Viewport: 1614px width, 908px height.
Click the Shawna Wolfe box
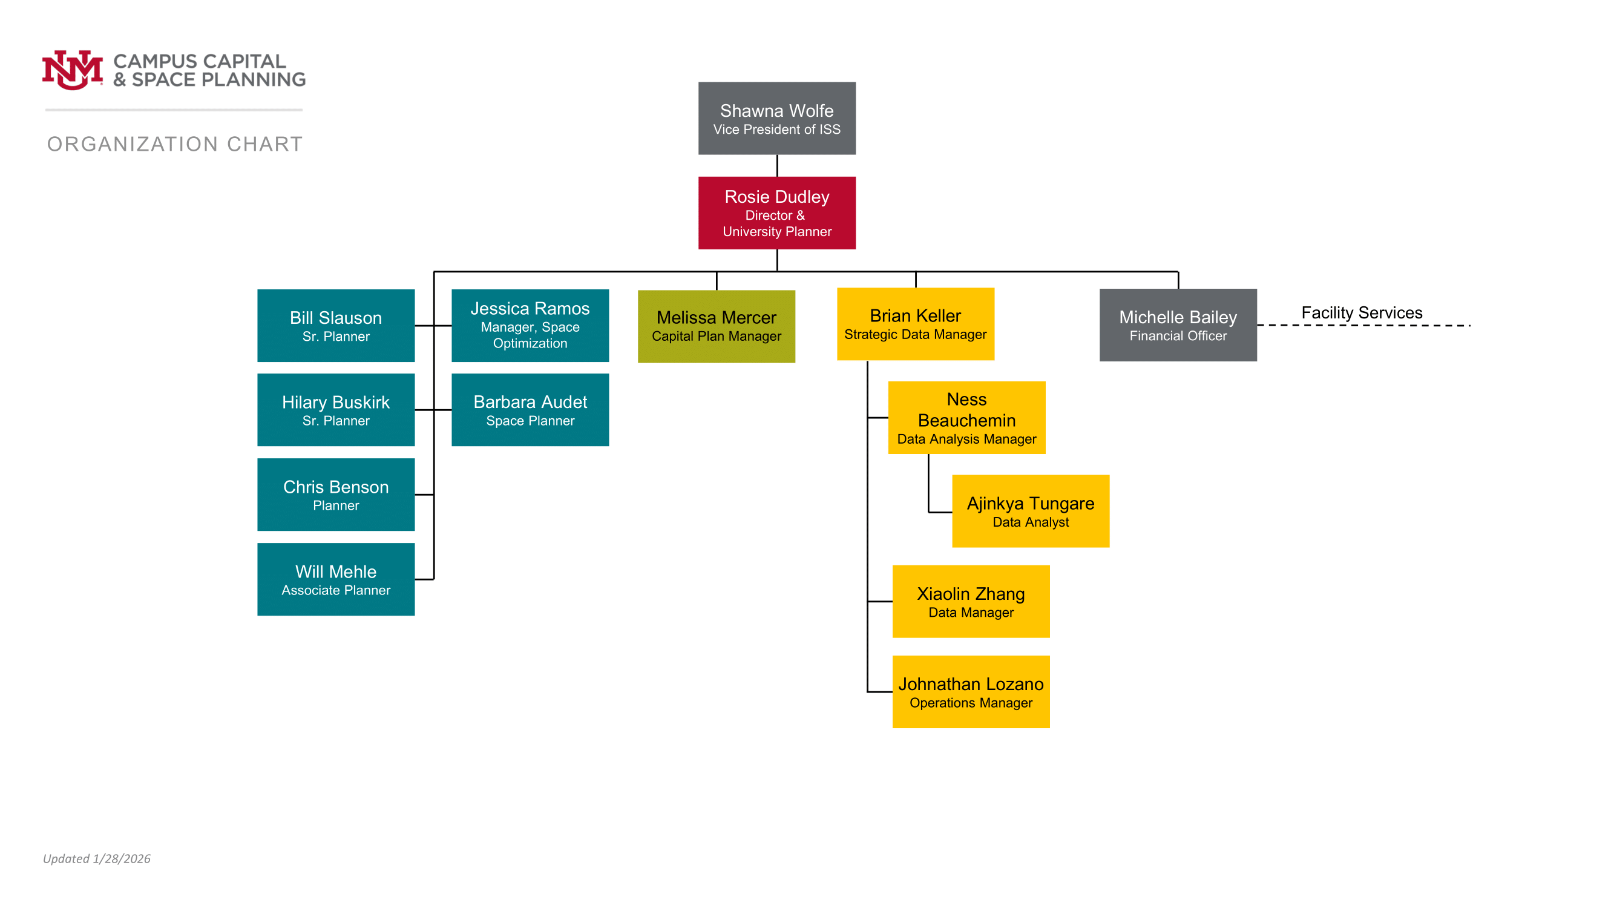click(776, 118)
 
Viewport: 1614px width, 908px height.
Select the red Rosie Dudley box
click(776, 212)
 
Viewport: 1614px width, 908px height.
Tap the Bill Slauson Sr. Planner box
click(336, 325)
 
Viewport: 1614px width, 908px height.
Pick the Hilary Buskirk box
click(336, 410)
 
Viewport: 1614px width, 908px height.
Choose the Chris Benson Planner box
click(336, 495)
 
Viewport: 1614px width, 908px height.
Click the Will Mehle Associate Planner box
click(336, 579)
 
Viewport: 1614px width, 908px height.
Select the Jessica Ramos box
click(530, 325)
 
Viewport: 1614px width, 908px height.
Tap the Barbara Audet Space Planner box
click(530, 410)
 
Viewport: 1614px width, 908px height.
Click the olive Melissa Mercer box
click(716, 326)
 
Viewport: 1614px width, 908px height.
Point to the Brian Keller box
click(916, 324)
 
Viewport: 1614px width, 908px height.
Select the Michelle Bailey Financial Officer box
click(1178, 324)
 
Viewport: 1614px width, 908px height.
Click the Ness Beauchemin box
click(967, 417)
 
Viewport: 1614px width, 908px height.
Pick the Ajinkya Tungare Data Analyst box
click(1031, 511)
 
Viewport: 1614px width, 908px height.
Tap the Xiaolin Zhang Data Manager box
click(971, 601)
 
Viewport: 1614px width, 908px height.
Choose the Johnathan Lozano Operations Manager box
click(971, 691)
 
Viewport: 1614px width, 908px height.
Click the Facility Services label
click(1362, 312)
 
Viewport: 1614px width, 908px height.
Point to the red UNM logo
click(72, 70)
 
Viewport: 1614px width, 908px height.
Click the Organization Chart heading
click(175, 144)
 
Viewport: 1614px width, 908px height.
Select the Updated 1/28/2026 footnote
click(96, 858)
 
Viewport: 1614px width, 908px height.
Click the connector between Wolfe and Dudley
click(777, 165)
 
